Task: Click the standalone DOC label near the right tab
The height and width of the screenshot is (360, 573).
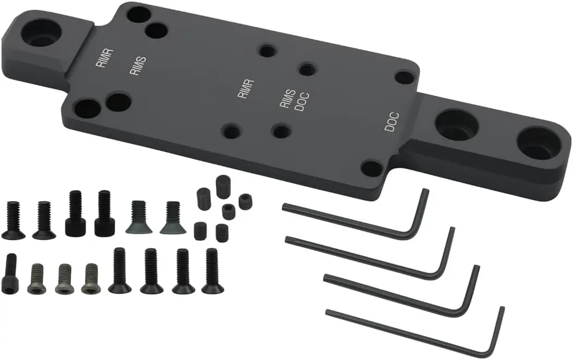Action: point(392,122)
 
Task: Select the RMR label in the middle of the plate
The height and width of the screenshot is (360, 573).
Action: point(245,89)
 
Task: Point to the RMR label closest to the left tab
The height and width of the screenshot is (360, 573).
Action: point(104,58)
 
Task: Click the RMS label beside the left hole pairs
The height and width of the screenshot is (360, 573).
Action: point(138,66)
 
